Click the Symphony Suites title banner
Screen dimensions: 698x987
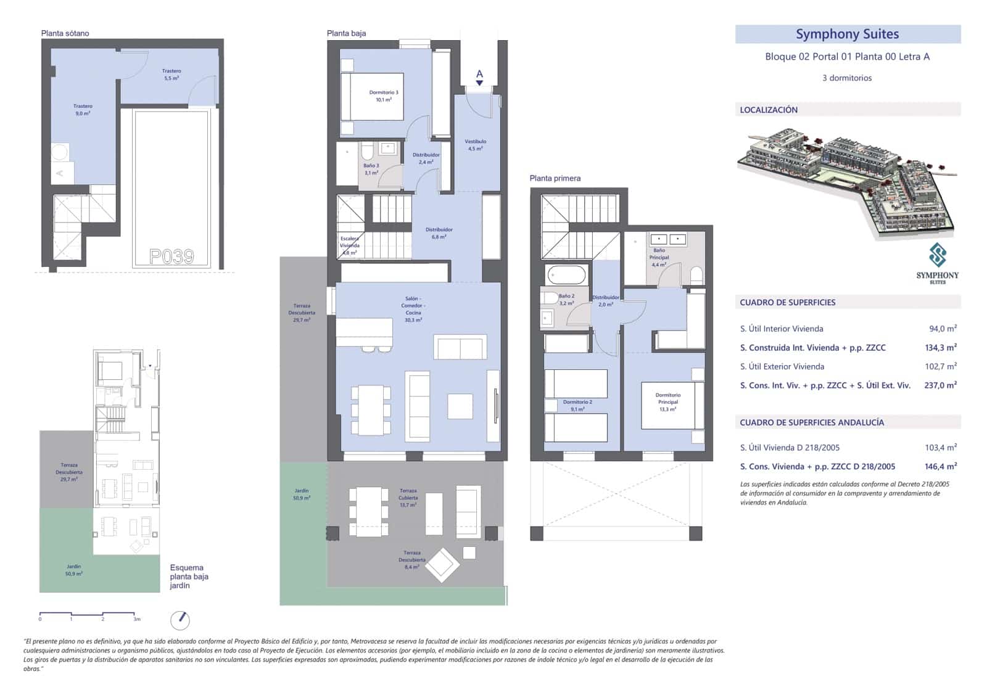[847, 35]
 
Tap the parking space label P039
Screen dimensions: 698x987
[172, 256]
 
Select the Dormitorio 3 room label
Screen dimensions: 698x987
[384, 96]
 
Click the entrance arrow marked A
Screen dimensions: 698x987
[479, 77]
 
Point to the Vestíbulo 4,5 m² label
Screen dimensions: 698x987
[475, 145]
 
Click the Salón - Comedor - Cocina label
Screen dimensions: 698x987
[413, 309]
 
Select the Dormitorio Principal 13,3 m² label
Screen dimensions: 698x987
[667, 401]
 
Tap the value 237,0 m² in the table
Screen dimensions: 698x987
[940, 385]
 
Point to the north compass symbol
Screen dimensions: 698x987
[180, 620]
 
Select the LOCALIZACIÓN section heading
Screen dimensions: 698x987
[769, 110]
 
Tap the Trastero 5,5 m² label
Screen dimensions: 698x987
[171, 75]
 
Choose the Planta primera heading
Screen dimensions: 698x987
[555, 178]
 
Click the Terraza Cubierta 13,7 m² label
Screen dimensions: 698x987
[408, 498]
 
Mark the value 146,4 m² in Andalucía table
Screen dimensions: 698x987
[940, 466]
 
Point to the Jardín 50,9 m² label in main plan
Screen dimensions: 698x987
[302, 495]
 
